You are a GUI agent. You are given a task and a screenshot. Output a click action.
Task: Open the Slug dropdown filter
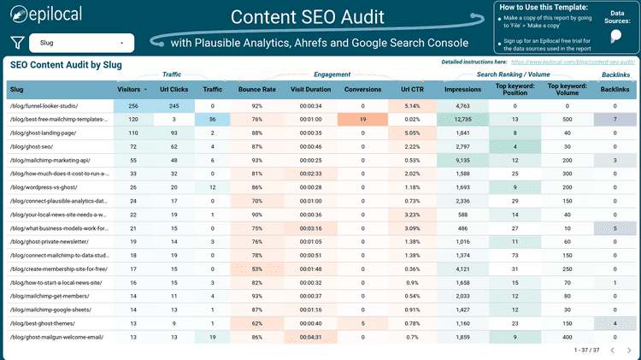tap(82, 43)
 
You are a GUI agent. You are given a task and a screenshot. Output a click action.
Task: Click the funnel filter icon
tap(16, 43)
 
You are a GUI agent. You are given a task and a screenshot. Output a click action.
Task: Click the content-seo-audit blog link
tap(572, 62)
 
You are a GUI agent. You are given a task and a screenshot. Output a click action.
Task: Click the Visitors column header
tap(131, 90)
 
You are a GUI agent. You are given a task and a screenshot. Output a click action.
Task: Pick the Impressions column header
tap(462, 90)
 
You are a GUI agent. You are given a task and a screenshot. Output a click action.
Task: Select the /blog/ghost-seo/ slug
tap(31, 147)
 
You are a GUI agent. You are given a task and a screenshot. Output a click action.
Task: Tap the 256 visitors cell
tap(132, 105)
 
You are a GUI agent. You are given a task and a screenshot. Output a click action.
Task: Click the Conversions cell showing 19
tap(362, 119)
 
